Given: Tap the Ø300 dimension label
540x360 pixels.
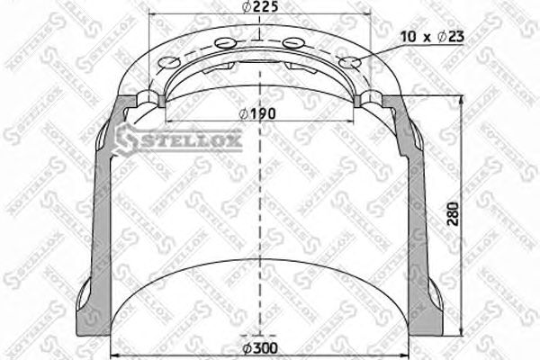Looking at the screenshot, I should [x=261, y=346].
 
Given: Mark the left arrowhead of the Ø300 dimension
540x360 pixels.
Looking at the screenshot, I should [x=113, y=352].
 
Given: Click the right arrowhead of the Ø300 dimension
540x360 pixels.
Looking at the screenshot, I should [x=410, y=352].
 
